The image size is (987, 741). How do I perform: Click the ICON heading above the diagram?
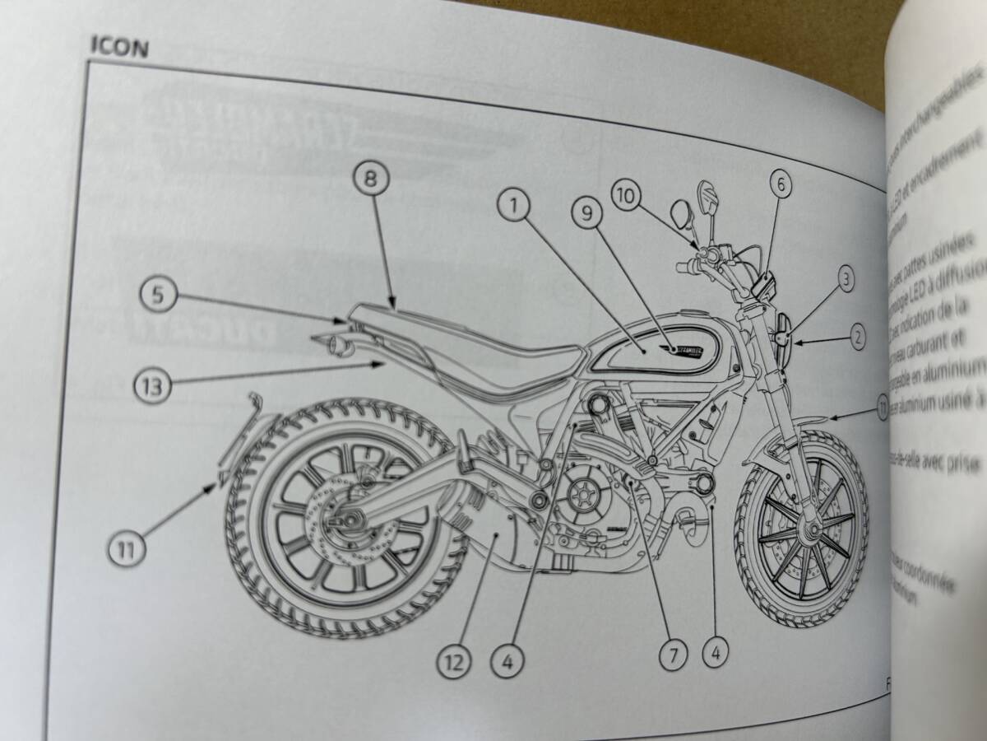[118, 47]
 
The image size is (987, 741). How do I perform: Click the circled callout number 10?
[624, 195]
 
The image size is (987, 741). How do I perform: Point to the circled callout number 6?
[781, 184]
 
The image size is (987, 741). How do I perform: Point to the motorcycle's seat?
[461, 346]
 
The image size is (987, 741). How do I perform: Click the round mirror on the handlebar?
[681, 216]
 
